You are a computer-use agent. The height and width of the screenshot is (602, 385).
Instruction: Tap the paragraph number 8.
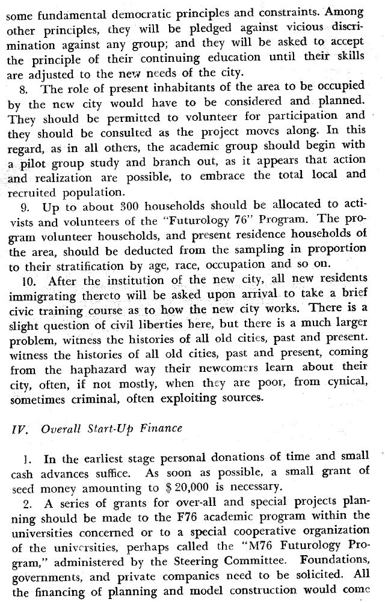pyautogui.click(x=26, y=90)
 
